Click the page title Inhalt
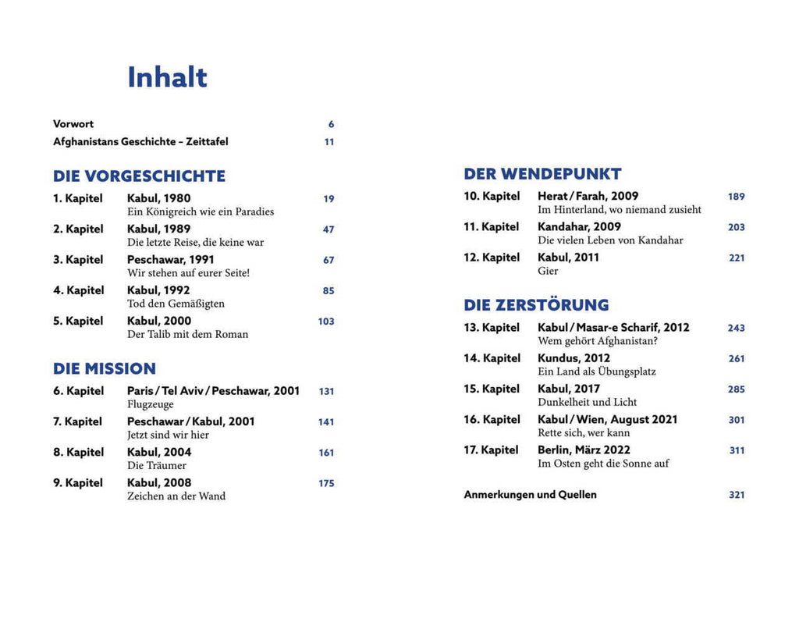coord(167,77)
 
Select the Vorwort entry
coord(73,124)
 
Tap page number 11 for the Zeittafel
coord(329,142)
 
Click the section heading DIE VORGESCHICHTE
coord(139,176)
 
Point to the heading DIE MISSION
coord(105,368)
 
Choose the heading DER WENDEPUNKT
coord(542,174)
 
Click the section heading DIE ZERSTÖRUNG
coord(536,305)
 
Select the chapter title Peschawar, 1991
coord(170,259)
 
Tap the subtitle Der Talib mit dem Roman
coord(187,334)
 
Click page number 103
coord(326,322)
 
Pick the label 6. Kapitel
coord(78,391)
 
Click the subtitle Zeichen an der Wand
coord(176,496)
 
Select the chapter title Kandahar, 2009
coord(579,227)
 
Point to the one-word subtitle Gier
coord(548,271)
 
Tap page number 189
coord(736,197)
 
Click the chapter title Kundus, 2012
coord(574,358)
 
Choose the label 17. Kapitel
coord(491,450)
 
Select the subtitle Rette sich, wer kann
coord(584,433)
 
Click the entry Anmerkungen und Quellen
coord(530,495)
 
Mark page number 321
coord(736,495)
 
